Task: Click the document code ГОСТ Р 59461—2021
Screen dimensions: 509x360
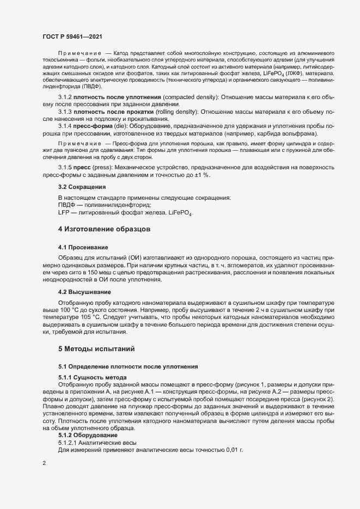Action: (x=73, y=36)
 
